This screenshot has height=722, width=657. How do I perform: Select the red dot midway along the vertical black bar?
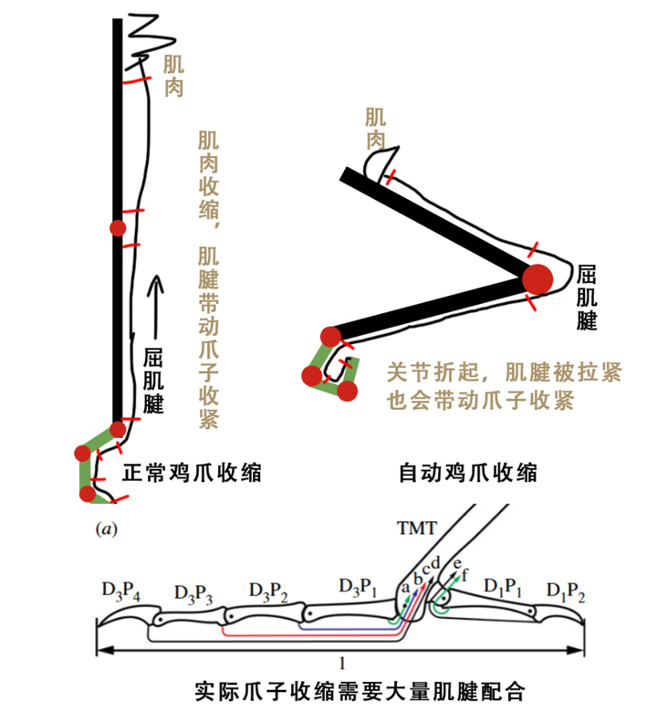click(x=117, y=227)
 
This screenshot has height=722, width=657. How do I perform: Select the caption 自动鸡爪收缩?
click(x=468, y=474)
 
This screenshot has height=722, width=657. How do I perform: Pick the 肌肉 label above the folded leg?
click(x=375, y=128)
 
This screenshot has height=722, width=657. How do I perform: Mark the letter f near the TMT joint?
click(x=466, y=575)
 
